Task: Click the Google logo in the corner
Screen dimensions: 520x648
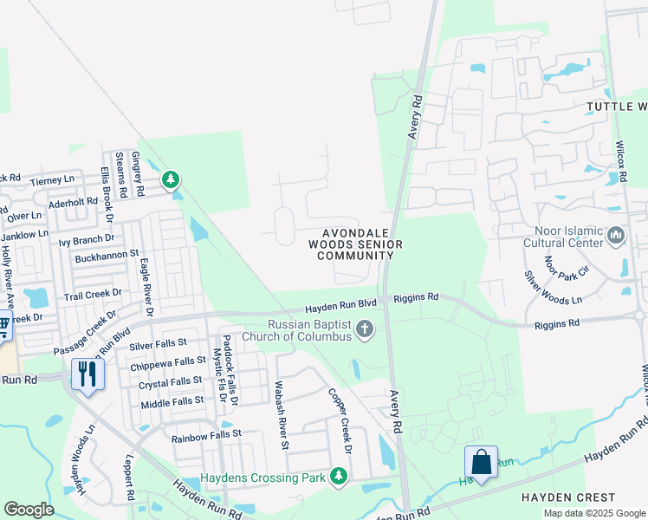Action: [29, 509]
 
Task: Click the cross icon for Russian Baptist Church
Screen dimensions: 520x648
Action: [366, 329]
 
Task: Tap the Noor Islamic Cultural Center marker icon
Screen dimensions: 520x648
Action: [616, 236]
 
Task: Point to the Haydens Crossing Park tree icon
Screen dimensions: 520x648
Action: [339, 477]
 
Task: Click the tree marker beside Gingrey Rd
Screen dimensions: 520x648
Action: [171, 180]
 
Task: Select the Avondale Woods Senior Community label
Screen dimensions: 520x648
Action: [360, 244]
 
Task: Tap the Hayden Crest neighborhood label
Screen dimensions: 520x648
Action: [567, 497]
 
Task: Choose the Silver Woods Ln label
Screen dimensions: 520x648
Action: [555, 287]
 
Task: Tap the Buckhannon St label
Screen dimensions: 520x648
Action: [107, 255]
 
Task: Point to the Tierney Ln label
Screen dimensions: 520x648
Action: [53, 180]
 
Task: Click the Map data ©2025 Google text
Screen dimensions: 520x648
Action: [594, 513]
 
